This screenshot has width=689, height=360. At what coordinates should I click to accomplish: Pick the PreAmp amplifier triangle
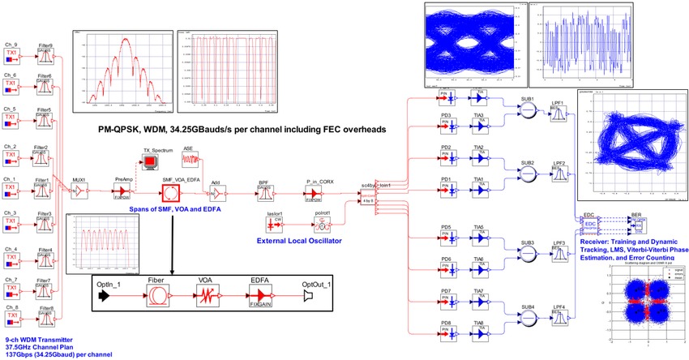(x=124, y=193)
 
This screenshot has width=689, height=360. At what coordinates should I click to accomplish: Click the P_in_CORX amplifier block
(x=312, y=193)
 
